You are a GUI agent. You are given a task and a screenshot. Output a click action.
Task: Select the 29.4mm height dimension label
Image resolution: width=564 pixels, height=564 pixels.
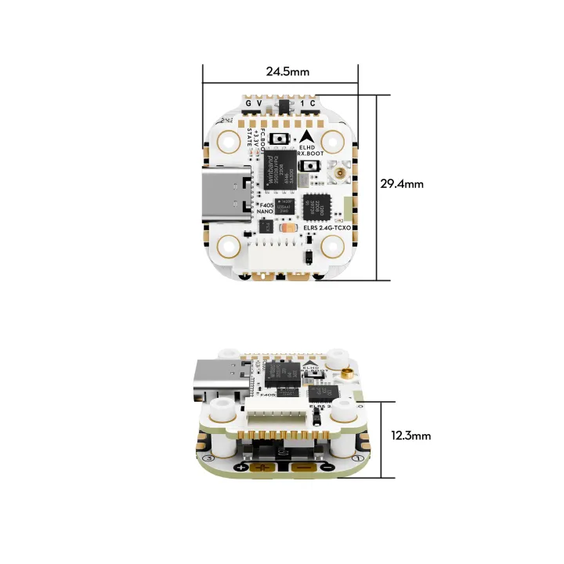click(x=401, y=184)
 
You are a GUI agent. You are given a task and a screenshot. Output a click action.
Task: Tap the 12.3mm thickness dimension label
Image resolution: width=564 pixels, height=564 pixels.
click(x=410, y=436)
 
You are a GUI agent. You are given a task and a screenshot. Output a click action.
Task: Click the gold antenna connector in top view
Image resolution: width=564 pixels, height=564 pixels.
click(x=341, y=172)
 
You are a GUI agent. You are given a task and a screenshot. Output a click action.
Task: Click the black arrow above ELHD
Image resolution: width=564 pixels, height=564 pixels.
click(x=306, y=134)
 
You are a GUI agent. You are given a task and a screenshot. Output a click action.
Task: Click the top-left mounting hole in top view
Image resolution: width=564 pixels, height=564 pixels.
click(x=230, y=142)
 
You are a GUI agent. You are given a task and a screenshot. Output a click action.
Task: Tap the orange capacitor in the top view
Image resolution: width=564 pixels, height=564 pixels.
click(x=289, y=228)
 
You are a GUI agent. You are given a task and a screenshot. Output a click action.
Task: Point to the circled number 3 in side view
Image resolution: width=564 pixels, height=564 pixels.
click(x=208, y=458)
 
